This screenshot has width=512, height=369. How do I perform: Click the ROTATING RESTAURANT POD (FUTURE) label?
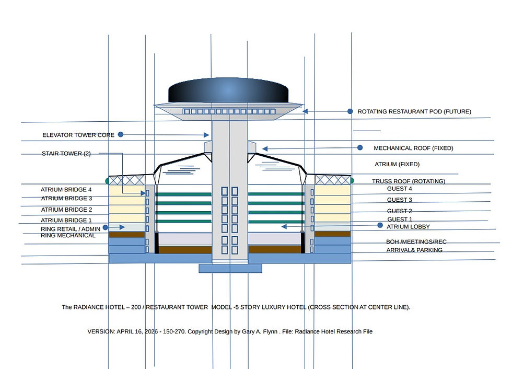click(x=414, y=111)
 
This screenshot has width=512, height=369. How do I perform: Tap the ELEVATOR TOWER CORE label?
click(x=78, y=135)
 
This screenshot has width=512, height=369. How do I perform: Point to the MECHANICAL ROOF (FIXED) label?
click(x=413, y=148)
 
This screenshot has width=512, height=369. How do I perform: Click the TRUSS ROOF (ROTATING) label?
click(x=409, y=181)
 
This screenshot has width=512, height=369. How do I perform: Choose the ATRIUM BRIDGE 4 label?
click(x=66, y=190)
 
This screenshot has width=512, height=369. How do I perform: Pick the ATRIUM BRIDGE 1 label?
click(x=66, y=220)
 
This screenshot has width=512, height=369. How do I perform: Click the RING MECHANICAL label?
click(x=68, y=236)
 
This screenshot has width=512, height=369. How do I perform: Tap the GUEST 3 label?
click(x=400, y=200)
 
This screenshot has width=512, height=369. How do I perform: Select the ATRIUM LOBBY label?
click(x=408, y=226)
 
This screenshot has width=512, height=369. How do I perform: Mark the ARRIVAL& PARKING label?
click(x=414, y=250)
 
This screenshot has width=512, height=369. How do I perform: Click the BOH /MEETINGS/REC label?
click(x=416, y=242)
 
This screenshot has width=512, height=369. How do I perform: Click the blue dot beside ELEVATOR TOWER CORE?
click(x=120, y=134)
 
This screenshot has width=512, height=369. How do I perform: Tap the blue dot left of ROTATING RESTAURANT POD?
click(x=351, y=111)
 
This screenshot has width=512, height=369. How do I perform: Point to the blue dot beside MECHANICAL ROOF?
click(x=359, y=148)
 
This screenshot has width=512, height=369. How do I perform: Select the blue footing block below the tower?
click(x=230, y=268)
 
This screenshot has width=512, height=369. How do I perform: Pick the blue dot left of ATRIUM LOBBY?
click(x=380, y=225)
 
